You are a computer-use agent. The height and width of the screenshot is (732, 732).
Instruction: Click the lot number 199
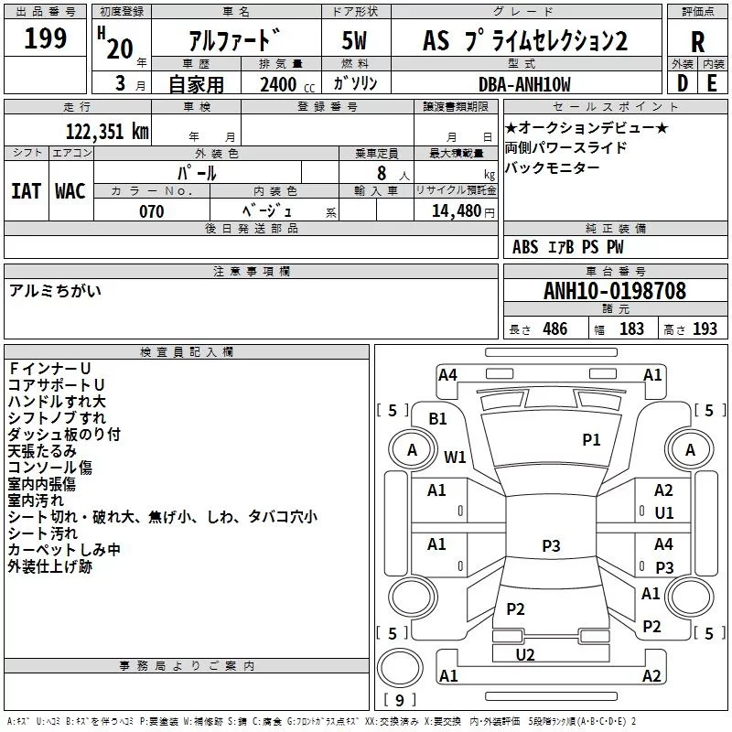click(x=45, y=39)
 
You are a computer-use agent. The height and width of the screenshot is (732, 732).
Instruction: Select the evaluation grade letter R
click(x=697, y=41)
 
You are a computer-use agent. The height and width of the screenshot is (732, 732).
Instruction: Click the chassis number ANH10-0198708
click(x=615, y=291)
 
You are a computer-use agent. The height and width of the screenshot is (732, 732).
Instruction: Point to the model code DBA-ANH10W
click(x=524, y=85)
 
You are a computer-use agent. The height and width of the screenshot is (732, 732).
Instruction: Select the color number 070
click(x=151, y=211)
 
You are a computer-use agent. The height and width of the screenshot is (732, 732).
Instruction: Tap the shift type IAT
click(x=26, y=190)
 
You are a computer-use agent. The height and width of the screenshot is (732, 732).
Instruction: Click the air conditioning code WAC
click(x=70, y=190)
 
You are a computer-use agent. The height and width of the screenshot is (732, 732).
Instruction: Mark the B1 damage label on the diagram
click(x=437, y=419)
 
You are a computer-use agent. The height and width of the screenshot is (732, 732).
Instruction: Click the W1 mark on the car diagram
click(x=455, y=457)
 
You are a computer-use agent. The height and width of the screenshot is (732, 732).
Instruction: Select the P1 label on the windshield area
click(x=592, y=440)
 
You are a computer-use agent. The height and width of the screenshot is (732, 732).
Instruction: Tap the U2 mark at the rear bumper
click(x=525, y=654)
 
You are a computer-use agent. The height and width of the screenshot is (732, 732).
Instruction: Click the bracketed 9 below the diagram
click(x=399, y=700)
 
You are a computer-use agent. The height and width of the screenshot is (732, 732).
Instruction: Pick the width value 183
click(x=631, y=329)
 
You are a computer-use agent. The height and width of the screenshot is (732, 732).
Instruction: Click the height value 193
click(x=705, y=329)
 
